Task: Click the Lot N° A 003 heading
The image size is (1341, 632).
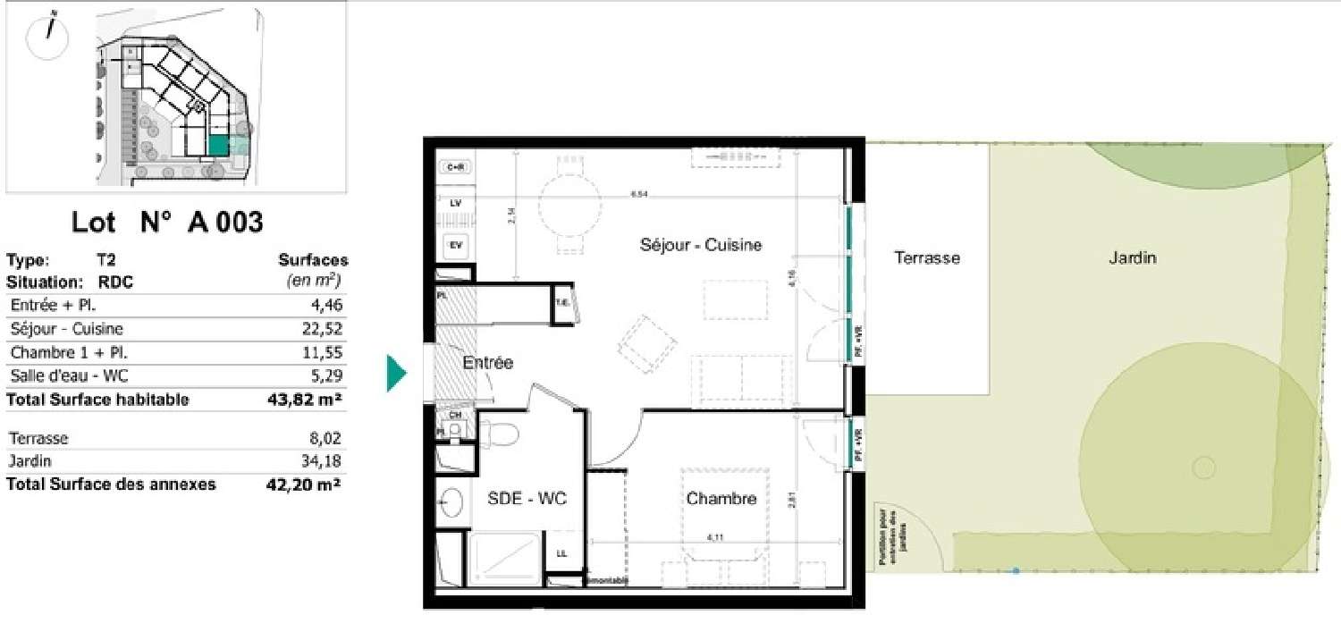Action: tap(167, 222)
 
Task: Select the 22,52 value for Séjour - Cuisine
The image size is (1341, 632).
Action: tap(324, 329)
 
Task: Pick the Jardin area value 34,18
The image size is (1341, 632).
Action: tap(324, 461)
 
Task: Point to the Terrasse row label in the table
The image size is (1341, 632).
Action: tap(38, 439)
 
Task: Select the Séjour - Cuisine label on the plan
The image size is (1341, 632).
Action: tap(701, 244)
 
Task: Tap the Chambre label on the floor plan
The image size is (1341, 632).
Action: tap(721, 499)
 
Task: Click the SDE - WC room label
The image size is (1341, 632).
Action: tap(526, 499)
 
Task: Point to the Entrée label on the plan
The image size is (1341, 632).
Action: tap(488, 363)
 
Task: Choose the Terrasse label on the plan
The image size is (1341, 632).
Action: tap(927, 258)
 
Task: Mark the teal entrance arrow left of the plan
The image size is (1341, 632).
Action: tap(396, 373)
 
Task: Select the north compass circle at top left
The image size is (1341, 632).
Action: tap(48, 37)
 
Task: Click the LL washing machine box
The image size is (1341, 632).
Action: tap(561, 553)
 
